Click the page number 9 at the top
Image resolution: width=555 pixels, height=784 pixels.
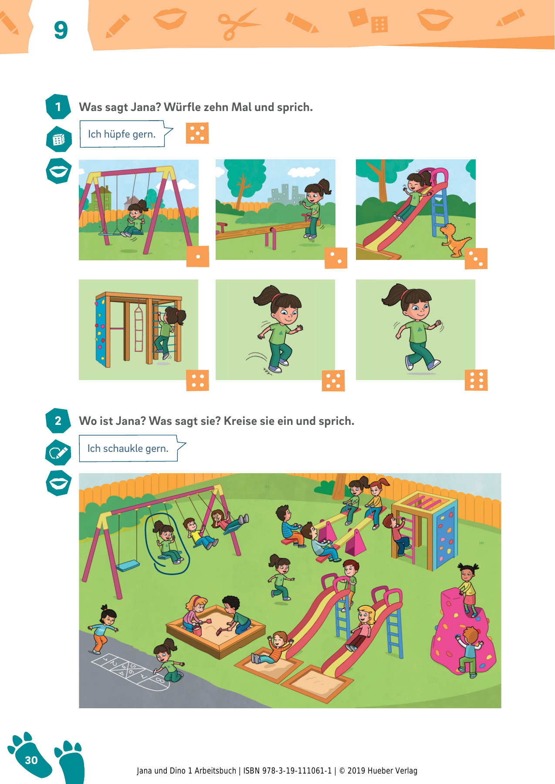coord(61,30)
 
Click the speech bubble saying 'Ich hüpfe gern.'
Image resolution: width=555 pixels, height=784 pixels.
coord(126,134)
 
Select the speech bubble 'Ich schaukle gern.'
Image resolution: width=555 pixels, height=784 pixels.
coord(132,448)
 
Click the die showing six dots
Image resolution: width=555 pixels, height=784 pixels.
coord(476,380)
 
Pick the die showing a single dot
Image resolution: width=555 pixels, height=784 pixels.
coord(198,256)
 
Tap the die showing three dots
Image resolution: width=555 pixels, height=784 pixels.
coord(476,259)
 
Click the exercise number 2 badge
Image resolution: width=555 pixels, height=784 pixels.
coord(58,421)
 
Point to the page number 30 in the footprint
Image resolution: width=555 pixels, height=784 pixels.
coord(31,760)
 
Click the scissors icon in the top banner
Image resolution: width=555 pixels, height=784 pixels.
coord(237,25)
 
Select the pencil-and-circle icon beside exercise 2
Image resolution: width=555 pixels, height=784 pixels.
coord(58,453)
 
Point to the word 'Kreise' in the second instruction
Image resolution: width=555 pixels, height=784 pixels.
coord(240,421)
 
